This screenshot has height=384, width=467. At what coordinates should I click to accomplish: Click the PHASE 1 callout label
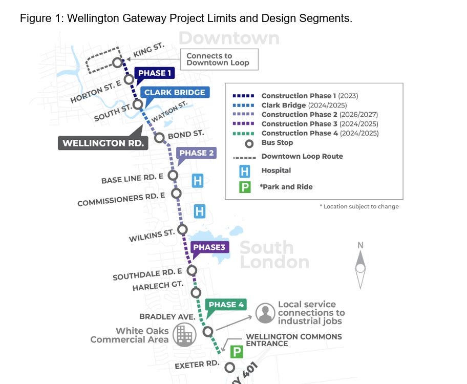click(155, 73)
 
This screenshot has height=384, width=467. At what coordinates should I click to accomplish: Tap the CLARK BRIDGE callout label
click(175, 92)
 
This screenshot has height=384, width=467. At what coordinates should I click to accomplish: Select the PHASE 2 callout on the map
click(196, 153)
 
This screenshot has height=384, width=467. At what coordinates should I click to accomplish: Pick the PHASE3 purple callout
click(209, 247)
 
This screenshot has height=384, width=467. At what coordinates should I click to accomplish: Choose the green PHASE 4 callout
click(226, 305)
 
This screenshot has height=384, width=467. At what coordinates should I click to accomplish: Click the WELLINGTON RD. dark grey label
click(103, 143)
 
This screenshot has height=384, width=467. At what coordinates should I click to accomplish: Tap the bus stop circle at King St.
click(117, 63)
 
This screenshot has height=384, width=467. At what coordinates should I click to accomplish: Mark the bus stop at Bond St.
click(159, 138)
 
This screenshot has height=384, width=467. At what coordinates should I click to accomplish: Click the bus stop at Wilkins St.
click(182, 230)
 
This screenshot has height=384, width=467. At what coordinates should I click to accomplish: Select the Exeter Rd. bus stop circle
click(229, 367)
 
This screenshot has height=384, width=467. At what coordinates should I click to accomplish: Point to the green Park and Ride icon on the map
click(237, 352)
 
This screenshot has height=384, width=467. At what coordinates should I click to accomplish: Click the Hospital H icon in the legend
click(245, 172)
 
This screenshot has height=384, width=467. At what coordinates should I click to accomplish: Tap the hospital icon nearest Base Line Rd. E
click(198, 181)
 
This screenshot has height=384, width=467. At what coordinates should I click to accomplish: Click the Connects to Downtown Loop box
click(219, 59)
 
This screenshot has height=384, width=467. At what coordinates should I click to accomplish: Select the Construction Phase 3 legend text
click(320, 124)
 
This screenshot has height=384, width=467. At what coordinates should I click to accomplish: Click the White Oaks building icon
click(185, 335)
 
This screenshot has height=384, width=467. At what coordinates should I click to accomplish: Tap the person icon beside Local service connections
click(265, 313)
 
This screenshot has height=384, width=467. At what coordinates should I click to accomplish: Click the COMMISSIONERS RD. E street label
click(121, 199)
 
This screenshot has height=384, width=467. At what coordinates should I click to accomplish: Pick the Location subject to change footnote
click(359, 206)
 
